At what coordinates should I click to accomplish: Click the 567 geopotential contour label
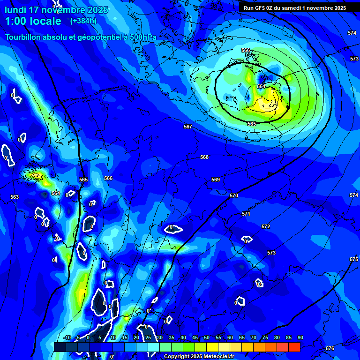[x=188, y=127]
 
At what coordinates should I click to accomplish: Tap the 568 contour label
[x=204, y=157]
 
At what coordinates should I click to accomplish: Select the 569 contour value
[x=216, y=180]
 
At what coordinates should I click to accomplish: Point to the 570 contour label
[x=234, y=195]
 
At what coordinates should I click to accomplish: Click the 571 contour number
[x=246, y=214]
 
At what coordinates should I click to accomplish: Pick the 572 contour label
[x=266, y=226]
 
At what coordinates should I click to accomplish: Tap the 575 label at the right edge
[x=353, y=259]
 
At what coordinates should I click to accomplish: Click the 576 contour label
[x=330, y=348]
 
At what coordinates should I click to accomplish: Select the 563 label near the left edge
[x=15, y=197]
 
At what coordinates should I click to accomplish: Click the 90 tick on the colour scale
[x=300, y=337]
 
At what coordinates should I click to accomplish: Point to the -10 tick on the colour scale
[x=67, y=337]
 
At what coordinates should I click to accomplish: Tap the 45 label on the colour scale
[x=195, y=337]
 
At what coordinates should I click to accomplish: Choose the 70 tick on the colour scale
[x=254, y=337]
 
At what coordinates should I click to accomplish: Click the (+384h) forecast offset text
[x=83, y=21]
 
